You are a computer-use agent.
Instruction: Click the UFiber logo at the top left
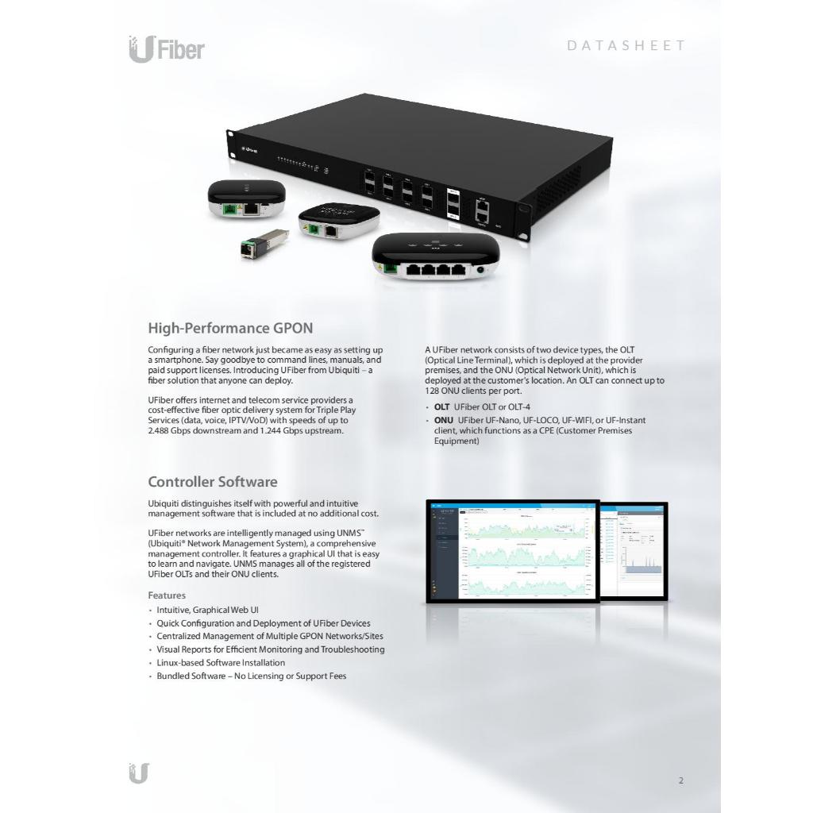166,49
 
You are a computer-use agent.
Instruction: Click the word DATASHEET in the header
626,45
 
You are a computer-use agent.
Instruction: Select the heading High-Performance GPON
230,328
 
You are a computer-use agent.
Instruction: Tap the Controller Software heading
213,482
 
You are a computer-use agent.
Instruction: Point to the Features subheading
167,595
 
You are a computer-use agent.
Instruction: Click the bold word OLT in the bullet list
441,406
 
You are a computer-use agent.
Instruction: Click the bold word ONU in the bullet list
443,419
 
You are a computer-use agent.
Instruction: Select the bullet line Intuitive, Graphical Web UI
207,610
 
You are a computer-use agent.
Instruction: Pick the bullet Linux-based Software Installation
221,662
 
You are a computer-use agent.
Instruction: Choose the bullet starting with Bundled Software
251,676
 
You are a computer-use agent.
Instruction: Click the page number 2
680,780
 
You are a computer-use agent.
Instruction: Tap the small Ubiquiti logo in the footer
139,773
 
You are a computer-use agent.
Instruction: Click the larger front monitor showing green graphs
512,551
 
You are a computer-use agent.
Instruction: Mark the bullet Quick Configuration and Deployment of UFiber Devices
263,623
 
